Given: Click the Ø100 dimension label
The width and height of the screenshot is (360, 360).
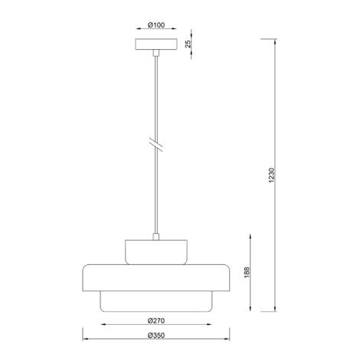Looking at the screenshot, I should coord(155,26).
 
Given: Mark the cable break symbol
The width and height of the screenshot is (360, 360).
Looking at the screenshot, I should coord(155,144).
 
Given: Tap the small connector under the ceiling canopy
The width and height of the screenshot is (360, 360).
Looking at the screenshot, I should coord(155,53).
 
